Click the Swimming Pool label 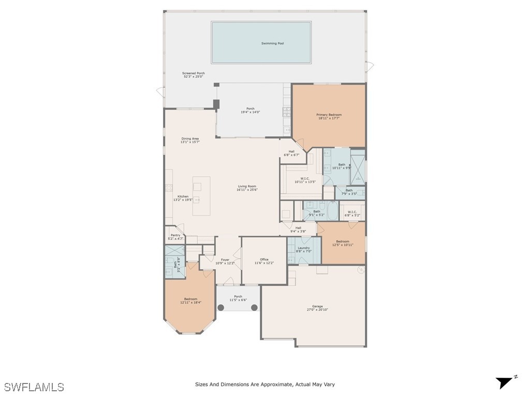pos(272,44)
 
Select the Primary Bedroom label pos(329,116)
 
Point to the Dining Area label pos(190,140)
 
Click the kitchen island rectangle pos(201,196)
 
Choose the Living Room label pos(247,188)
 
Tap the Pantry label pos(175,237)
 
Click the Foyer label pos(225,261)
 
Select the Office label pos(264,261)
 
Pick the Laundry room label pos(303,249)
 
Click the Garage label pos(317,308)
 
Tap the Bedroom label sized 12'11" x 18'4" pos(190,301)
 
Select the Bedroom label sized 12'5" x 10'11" pos(342,243)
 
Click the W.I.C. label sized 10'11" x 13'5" pos(304,180)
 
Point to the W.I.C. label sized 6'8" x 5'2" pos(352,213)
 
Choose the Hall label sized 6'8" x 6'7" pos(291,153)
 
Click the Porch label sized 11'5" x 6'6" pos(238,298)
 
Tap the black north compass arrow pos(505,382)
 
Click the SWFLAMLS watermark pos(34,387)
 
